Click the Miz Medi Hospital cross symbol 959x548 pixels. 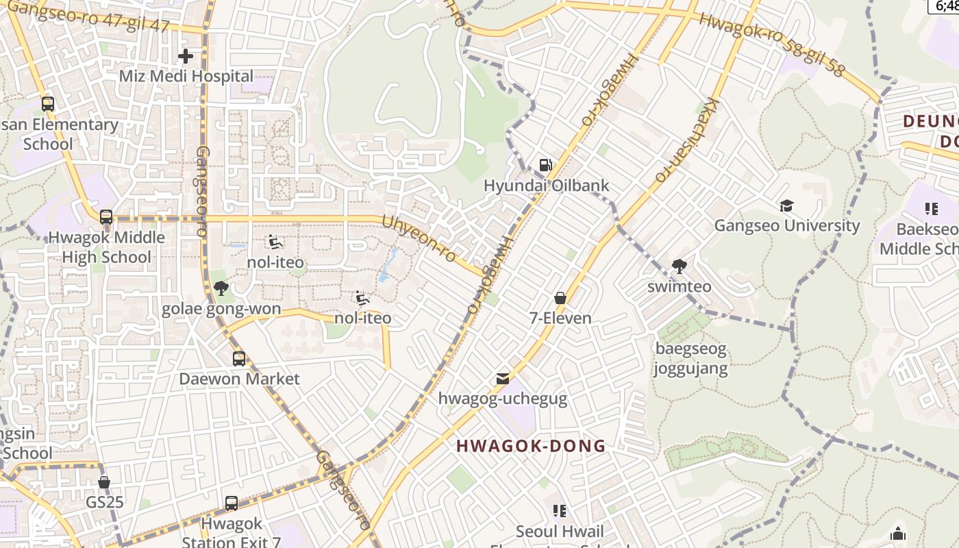[x=185, y=56]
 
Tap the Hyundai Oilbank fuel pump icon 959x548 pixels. [x=546, y=164]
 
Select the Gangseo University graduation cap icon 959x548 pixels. [x=786, y=206]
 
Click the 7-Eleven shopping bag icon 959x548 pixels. [x=560, y=298]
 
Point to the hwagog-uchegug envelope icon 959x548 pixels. [x=503, y=379]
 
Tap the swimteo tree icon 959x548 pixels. [x=680, y=266]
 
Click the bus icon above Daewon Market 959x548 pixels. [x=239, y=358]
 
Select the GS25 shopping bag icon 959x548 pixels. [x=104, y=482]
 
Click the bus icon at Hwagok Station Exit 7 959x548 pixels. [x=232, y=503]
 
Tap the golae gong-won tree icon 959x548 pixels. [x=221, y=288]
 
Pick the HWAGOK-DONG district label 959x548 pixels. [x=531, y=446]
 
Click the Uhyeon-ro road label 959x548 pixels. [x=419, y=239]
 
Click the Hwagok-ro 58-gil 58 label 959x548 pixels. [x=772, y=45]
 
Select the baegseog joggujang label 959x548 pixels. [x=690, y=358]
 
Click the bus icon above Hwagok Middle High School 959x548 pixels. [x=106, y=217]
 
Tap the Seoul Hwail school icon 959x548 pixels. [x=560, y=511]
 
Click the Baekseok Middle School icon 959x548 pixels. [x=931, y=208]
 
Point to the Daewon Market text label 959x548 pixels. [x=239, y=379]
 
